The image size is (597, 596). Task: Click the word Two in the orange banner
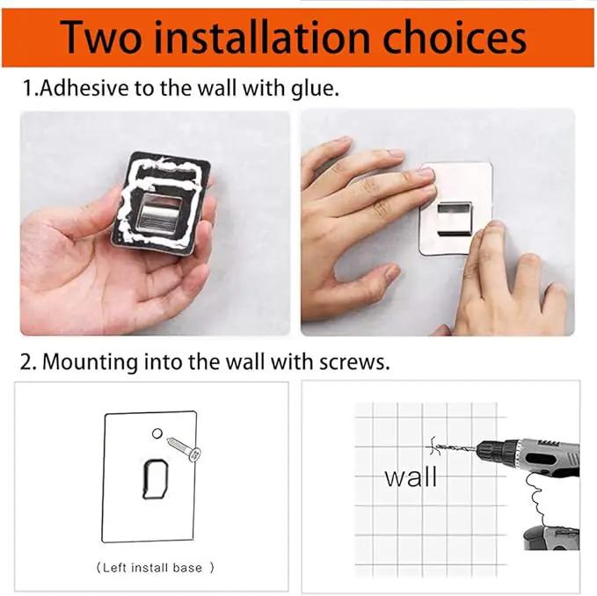pyautogui.click(x=101, y=37)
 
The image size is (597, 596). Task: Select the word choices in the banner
pyautogui.click(x=455, y=37)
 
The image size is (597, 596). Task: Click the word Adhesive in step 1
pyautogui.click(x=84, y=88)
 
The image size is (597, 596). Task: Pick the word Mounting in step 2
pyautogui.click(x=90, y=362)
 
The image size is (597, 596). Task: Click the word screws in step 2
pyautogui.click(x=354, y=363)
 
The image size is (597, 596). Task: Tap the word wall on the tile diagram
pyautogui.click(x=411, y=477)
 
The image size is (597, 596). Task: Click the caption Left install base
pyautogui.click(x=155, y=568)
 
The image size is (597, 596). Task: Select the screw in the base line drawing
pyautogui.click(x=184, y=449)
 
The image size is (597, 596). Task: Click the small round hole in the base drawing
pyautogui.click(x=157, y=433)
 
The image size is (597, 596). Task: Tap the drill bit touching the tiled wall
pyautogui.click(x=455, y=447)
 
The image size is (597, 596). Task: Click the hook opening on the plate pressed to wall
pyautogui.click(x=455, y=218)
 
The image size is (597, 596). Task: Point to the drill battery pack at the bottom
pyautogui.click(x=552, y=538)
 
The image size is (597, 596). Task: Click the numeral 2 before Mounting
pyautogui.click(x=26, y=362)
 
